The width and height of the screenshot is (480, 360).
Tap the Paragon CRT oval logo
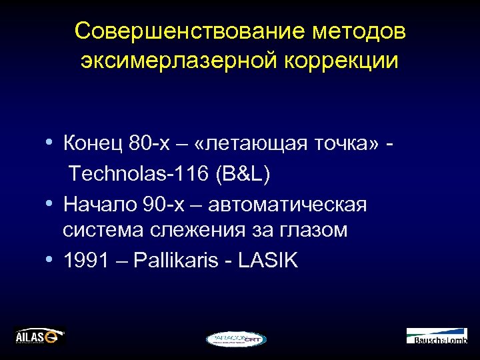(235, 339)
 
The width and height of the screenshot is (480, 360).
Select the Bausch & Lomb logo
(437, 335)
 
